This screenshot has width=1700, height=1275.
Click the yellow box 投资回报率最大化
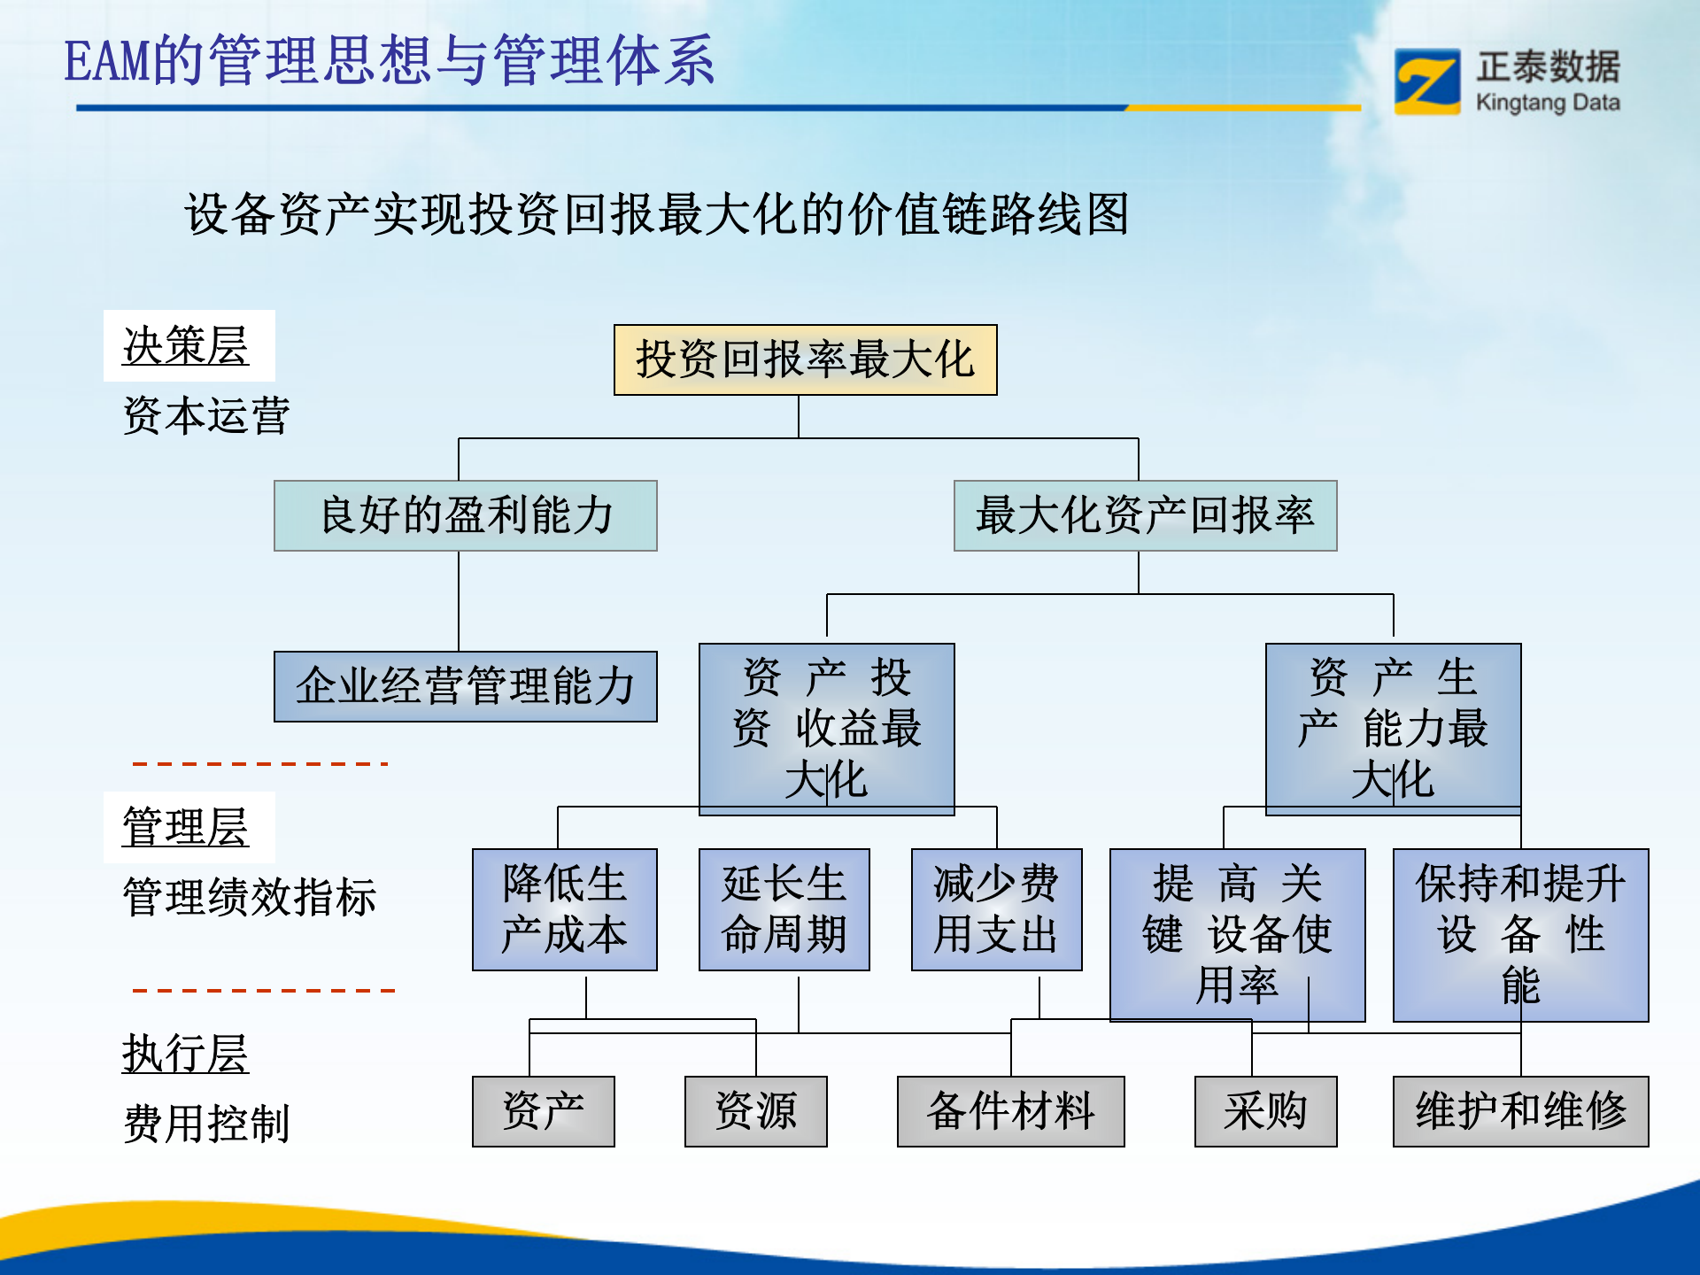805,359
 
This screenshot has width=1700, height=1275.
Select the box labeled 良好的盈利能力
466,515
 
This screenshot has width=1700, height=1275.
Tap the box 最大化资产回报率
1145,515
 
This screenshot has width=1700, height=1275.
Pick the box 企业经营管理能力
466,686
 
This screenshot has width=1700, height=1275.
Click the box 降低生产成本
564,909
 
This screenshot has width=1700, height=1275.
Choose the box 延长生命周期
784,909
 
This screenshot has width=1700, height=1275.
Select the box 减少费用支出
996,909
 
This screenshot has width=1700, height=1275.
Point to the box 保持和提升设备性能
1520,934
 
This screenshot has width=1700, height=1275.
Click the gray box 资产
543,1111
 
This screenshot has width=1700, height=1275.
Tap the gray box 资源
755,1111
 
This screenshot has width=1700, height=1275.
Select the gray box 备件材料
1010,1111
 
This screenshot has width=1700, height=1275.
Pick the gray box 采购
1265,1111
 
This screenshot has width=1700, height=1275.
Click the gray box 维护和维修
1520,1111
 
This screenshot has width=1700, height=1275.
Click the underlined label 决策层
186,345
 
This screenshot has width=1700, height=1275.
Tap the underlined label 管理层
186,827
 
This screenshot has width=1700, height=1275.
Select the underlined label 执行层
186,1054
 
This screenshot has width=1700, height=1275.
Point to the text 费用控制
206,1124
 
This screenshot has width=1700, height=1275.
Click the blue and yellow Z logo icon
1426,81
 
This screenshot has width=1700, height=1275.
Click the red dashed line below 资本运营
260,763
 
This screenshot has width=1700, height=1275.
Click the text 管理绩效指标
249,897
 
